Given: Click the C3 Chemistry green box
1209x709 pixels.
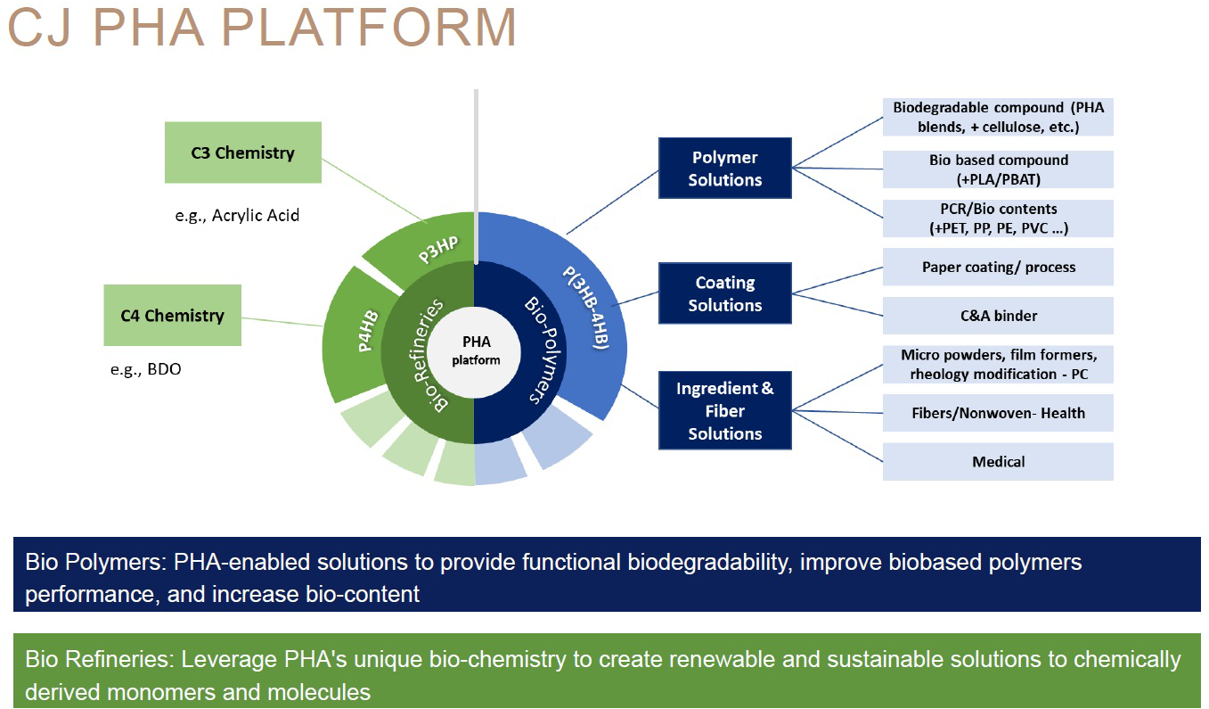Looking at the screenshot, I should [x=242, y=153].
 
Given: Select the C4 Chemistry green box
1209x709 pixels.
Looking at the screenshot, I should [x=172, y=315].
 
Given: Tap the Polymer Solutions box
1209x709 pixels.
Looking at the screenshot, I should [x=725, y=168].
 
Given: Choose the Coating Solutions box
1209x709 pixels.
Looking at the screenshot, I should [x=725, y=293].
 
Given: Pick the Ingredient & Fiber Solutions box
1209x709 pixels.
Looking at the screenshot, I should [x=725, y=411].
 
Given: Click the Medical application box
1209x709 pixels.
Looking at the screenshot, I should [x=998, y=461].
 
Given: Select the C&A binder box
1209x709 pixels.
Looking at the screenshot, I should [x=998, y=316].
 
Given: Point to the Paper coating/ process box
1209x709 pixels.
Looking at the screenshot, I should [x=998, y=267].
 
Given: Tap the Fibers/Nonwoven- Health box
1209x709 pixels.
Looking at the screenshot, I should [x=998, y=413].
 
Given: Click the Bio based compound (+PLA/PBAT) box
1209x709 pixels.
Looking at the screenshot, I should [x=998, y=169].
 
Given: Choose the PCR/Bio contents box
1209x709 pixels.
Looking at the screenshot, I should [x=998, y=218].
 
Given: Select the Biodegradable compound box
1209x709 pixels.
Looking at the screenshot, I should [x=998, y=117].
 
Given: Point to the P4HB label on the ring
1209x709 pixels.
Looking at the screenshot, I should [x=368, y=331].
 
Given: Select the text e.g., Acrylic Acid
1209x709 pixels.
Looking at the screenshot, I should [x=237, y=215].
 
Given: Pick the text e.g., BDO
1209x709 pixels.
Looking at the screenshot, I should [x=145, y=368].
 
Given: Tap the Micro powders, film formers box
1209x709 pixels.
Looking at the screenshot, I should [x=998, y=364].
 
